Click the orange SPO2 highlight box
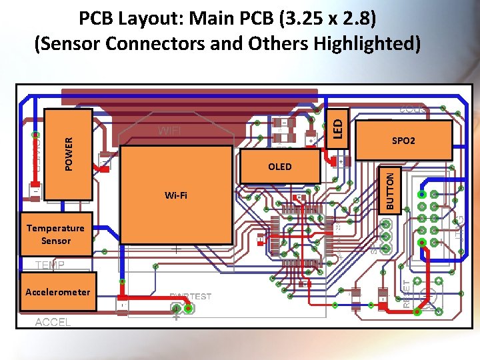click(x=403, y=141)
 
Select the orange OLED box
click(x=280, y=166)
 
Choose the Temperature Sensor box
click(x=55, y=235)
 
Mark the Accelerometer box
click(x=57, y=292)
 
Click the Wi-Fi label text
click(x=176, y=195)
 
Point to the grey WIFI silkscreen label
click(x=169, y=131)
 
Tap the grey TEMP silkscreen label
click(x=50, y=265)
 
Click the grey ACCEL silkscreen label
click(x=53, y=322)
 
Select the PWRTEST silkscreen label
click(x=190, y=297)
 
